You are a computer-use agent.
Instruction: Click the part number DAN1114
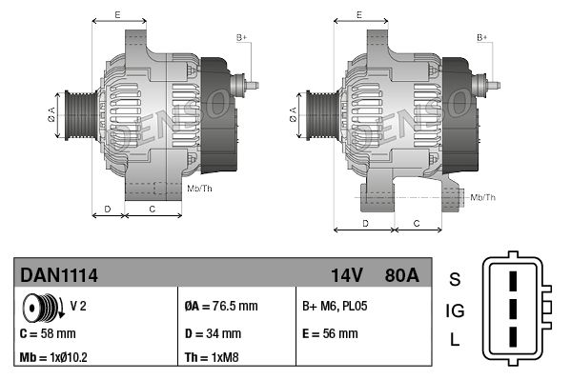(59, 275)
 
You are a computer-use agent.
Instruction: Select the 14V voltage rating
(346, 275)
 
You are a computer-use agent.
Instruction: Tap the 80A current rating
(399, 275)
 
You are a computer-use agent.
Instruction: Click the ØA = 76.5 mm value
(220, 307)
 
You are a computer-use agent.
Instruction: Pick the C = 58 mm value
(49, 333)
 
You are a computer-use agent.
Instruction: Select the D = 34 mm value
(213, 333)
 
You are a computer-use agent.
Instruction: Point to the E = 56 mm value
(330, 333)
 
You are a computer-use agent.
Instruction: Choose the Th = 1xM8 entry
(212, 359)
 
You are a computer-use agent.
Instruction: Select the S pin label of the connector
(455, 279)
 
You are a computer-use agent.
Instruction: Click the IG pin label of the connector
(455, 310)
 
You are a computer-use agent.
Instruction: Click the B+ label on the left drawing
(241, 37)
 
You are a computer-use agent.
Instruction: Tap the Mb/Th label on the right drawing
(483, 197)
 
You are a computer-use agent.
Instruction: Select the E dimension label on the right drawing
(358, 15)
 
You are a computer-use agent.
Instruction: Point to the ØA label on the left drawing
(51, 114)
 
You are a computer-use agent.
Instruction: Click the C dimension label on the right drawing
(418, 224)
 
